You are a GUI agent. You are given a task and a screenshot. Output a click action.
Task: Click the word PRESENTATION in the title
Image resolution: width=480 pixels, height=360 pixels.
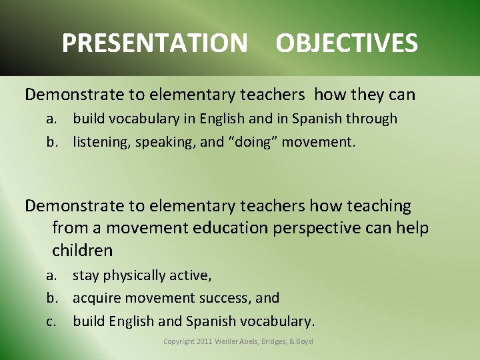click(x=154, y=43)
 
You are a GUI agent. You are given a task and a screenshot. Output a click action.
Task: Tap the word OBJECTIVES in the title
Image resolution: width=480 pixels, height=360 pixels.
click(x=347, y=43)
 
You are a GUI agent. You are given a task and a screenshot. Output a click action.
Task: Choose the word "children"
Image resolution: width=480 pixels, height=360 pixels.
click(x=82, y=251)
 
